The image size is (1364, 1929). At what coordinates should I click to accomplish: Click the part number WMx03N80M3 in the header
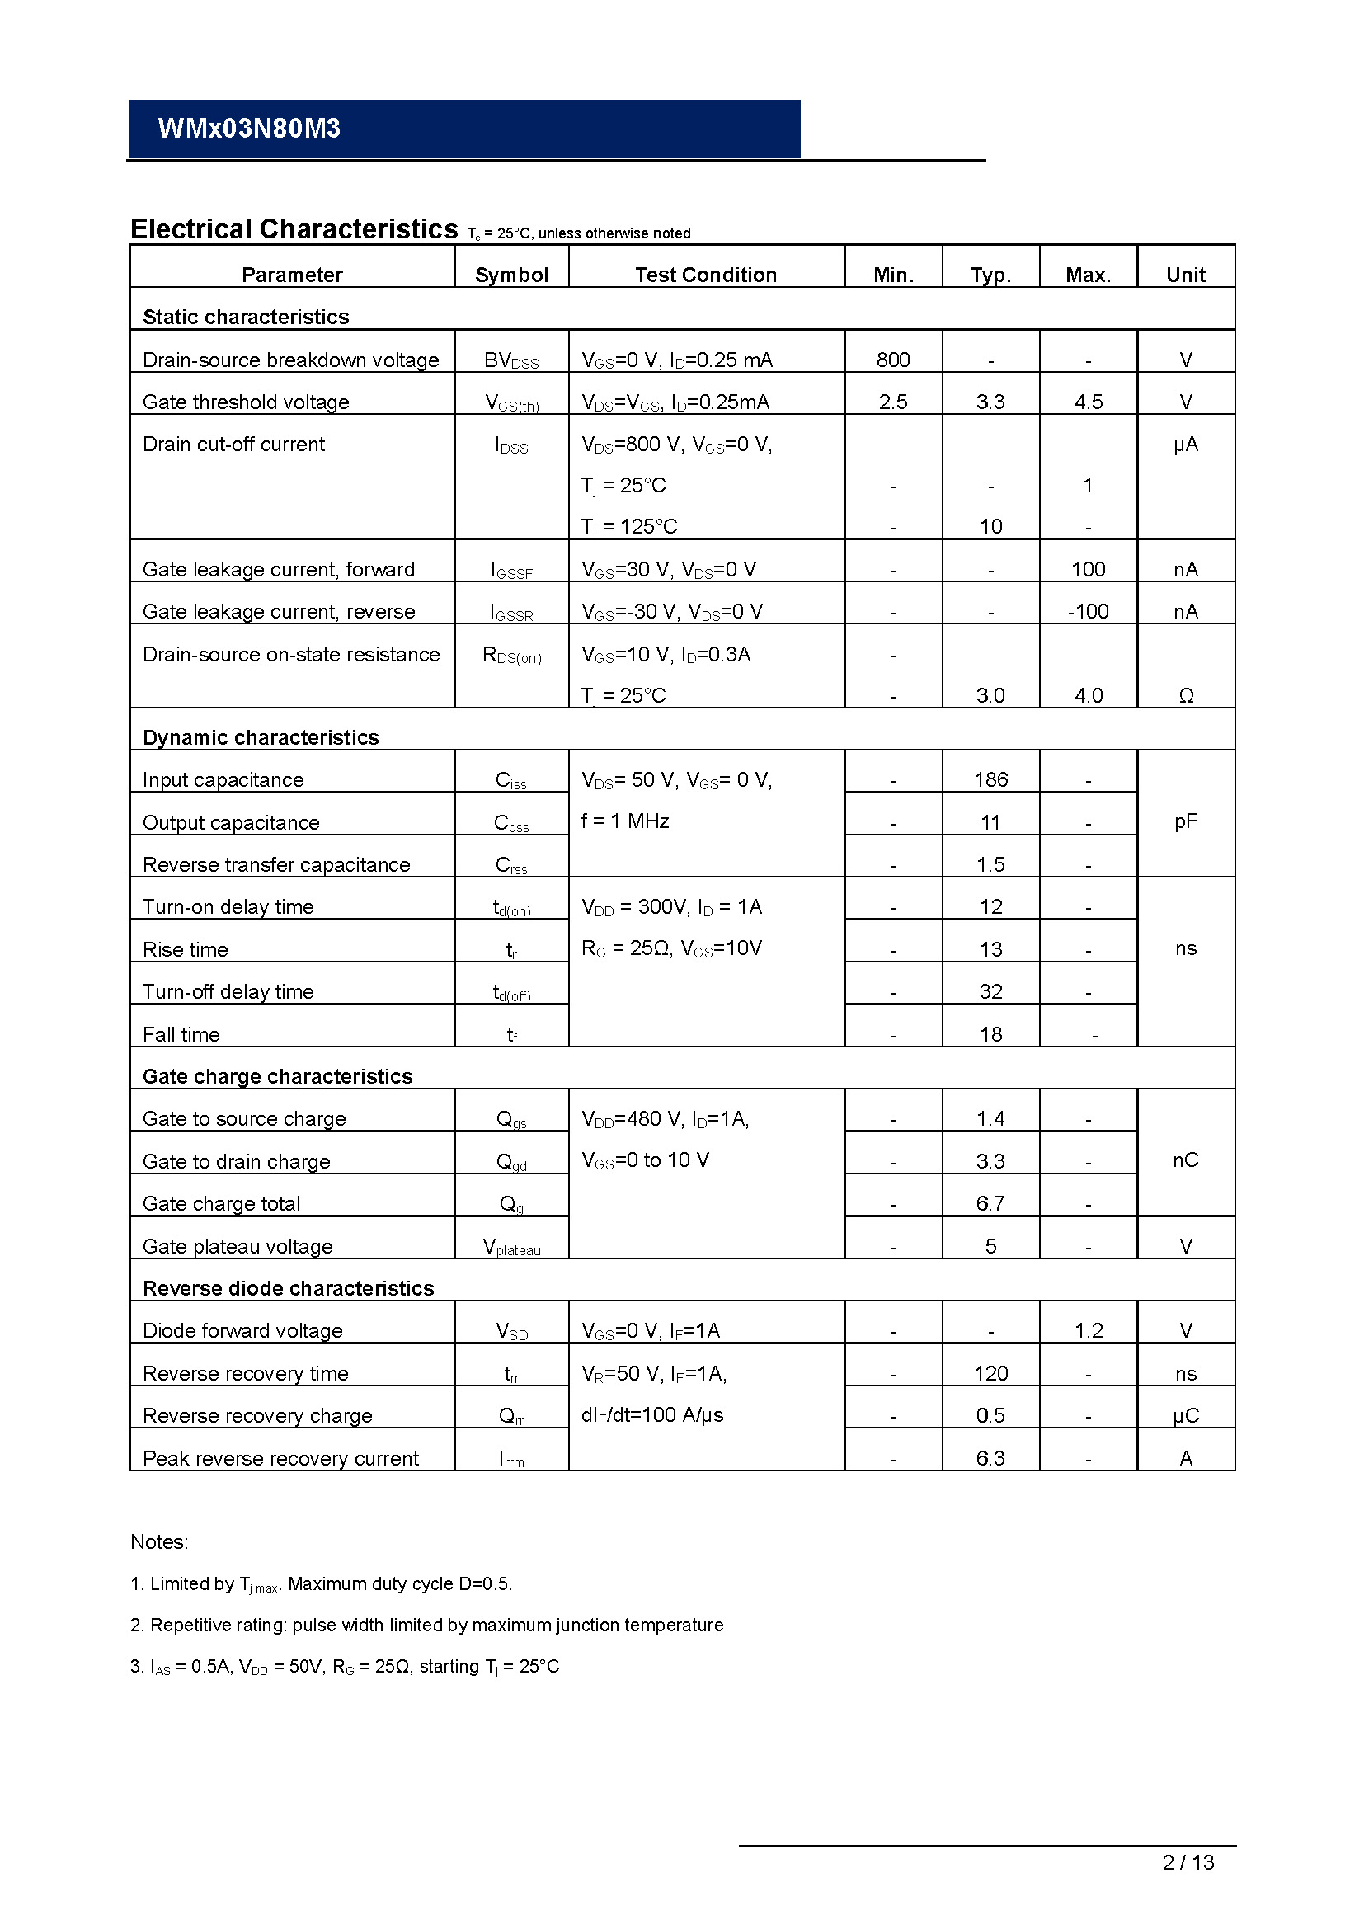tap(249, 129)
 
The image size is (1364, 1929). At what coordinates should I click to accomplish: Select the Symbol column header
tap(511, 275)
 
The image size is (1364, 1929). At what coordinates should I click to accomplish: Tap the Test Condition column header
tap(706, 275)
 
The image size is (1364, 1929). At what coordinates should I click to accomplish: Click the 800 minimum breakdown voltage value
tap(893, 360)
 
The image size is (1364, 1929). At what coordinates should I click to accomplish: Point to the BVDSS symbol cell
tap(511, 360)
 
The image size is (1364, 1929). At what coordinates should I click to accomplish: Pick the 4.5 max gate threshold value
tap(1089, 402)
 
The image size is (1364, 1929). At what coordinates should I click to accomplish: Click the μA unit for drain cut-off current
tap(1185, 445)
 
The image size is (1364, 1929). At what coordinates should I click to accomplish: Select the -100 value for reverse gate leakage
tap(1089, 612)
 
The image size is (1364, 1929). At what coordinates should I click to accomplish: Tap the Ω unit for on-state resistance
tap(1186, 696)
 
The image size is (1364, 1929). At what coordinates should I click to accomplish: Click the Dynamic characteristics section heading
tap(261, 737)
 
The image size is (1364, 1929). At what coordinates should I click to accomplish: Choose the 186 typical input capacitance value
tap(991, 779)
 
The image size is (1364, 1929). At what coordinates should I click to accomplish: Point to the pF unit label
tap(1185, 821)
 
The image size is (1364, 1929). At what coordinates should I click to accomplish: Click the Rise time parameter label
tap(186, 949)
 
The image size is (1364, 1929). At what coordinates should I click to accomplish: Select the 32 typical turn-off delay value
tap(991, 991)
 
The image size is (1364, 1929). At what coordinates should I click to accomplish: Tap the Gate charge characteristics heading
tap(278, 1076)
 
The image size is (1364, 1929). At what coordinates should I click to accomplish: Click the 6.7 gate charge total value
tap(991, 1203)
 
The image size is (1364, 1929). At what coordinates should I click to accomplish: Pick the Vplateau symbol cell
tap(511, 1247)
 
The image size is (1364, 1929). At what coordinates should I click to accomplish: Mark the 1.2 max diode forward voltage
tap(1089, 1330)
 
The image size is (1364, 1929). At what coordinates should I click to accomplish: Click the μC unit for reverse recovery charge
tap(1186, 1416)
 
